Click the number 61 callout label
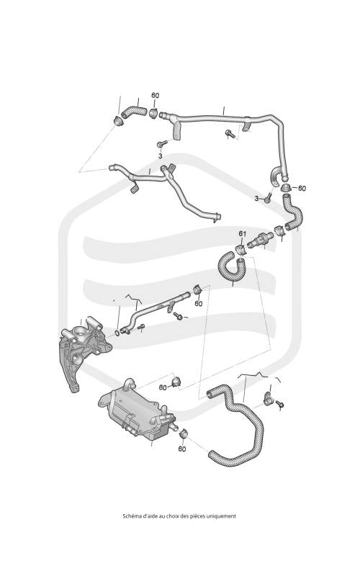(242, 233)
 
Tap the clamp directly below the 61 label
(240, 248)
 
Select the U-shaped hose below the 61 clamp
(230, 266)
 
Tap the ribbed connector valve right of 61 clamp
(260, 240)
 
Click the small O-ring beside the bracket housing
(117, 333)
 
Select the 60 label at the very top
(156, 96)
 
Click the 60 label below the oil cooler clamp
(182, 449)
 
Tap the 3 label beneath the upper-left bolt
(160, 156)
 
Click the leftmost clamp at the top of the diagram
(118, 120)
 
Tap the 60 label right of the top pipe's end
(302, 188)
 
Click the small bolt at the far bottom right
(280, 404)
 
